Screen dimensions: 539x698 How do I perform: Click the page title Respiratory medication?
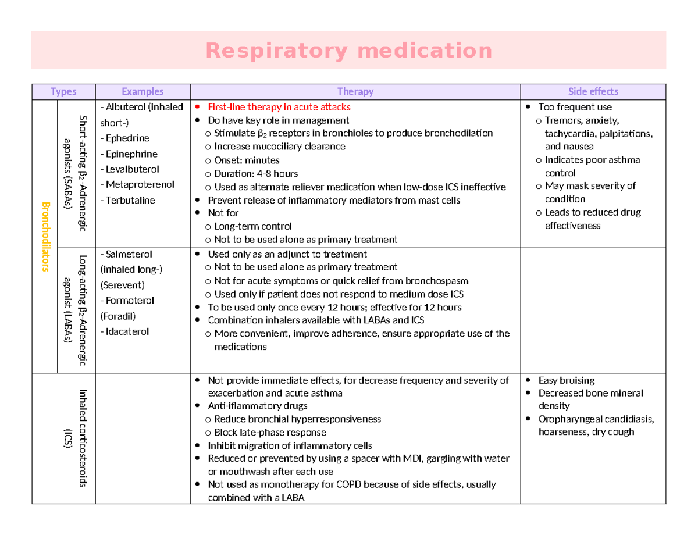pos(348,51)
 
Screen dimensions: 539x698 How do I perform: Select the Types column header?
pos(63,91)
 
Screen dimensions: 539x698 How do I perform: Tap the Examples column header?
pos(143,91)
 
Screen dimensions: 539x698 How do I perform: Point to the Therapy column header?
pos(355,91)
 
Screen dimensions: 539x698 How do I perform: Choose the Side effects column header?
pos(593,91)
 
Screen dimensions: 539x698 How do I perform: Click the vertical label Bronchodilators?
pos(44,237)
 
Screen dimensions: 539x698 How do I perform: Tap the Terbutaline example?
pos(128,200)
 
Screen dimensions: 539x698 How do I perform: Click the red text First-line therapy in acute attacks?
pos(279,107)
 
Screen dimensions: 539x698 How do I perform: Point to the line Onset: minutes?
pos(247,160)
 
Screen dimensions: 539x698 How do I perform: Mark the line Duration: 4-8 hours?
pos(256,173)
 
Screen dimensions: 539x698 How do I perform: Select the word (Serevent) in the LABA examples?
pos(122,285)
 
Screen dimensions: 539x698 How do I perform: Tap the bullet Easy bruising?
pos(566,380)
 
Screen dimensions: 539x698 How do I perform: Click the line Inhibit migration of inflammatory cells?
pos(290,446)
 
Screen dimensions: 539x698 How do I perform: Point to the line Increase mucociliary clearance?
pos(279,147)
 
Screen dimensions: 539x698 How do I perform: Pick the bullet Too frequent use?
pos(575,107)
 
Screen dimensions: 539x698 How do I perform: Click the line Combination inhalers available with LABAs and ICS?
pos(316,320)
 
